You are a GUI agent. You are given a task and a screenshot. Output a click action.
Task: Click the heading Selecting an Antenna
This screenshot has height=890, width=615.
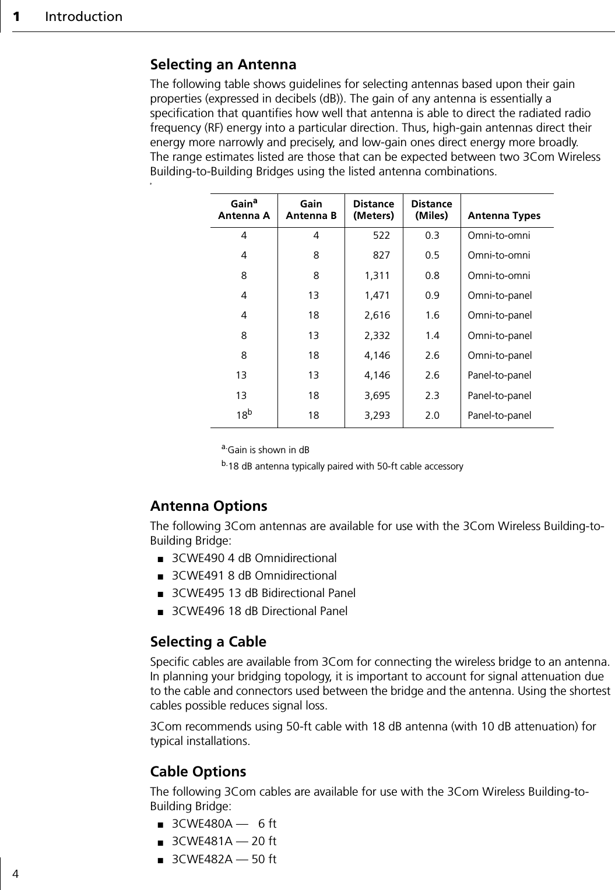[223, 64]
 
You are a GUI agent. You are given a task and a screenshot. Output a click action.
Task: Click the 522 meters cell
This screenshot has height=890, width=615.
[381, 236]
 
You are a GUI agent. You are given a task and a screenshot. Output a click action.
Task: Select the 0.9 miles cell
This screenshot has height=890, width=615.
[432, 295]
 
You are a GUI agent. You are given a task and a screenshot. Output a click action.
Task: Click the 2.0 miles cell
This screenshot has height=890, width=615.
[432, 416]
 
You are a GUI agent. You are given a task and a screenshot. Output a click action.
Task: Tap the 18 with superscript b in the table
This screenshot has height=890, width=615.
[244, 415]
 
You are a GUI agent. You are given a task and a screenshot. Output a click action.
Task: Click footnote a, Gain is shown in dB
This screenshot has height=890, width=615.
[265, 450]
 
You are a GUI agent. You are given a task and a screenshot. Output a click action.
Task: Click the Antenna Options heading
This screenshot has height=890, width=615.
[209, 506]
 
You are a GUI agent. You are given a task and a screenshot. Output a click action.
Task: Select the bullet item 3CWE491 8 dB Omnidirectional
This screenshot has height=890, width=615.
[254, 575]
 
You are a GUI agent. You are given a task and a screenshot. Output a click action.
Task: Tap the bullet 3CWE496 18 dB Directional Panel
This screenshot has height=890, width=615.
[259, 611]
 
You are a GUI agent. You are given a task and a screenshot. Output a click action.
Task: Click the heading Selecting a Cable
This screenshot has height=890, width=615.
[208, 642]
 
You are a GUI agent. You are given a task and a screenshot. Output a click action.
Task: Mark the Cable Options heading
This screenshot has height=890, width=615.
[198, 772]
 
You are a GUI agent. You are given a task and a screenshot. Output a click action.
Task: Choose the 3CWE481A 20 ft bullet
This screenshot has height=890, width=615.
[224, 841]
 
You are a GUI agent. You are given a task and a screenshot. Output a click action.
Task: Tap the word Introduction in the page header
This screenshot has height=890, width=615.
[83, 16]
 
